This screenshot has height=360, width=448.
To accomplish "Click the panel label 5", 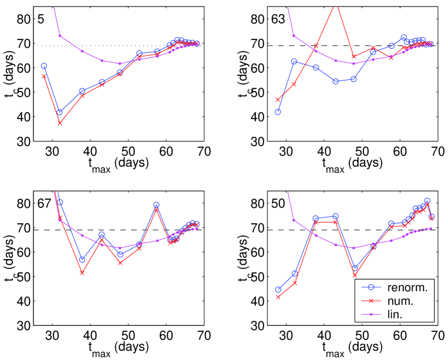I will pyautogui.click(x=41, y=19).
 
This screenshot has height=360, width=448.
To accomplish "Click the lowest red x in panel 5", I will pyautogui.click(x=59, y=123).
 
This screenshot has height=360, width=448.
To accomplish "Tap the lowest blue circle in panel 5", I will pyautogui.click(x=59, y=112).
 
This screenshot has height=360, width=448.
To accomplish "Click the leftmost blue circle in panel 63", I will pyautogui.click(x=278, y=112).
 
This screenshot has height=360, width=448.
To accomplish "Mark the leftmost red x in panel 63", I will pyautogui.click(x=278, y=100).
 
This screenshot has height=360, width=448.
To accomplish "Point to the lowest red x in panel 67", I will pyautogui.click(x=82, y=272).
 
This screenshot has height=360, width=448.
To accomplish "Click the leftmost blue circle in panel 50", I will pyautogui.click(x=278, y=290).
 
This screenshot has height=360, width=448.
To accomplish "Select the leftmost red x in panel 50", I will pyautogui.click(x=278, y=297).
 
